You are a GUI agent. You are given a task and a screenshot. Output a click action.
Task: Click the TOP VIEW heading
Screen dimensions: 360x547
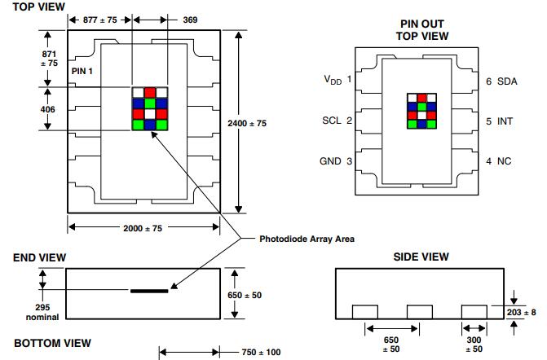38,7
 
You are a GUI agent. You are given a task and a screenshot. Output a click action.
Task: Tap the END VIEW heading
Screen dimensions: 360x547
38,258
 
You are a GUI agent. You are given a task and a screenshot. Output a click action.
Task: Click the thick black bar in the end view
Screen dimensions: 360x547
150,290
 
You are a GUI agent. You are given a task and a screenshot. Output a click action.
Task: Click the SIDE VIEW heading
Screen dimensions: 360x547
421,257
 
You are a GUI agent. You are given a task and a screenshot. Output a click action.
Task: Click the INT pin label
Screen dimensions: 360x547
505,121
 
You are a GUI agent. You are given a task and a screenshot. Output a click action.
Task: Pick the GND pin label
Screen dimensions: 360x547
330,161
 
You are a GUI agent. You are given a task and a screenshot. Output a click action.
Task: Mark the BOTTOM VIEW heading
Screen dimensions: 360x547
52,344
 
